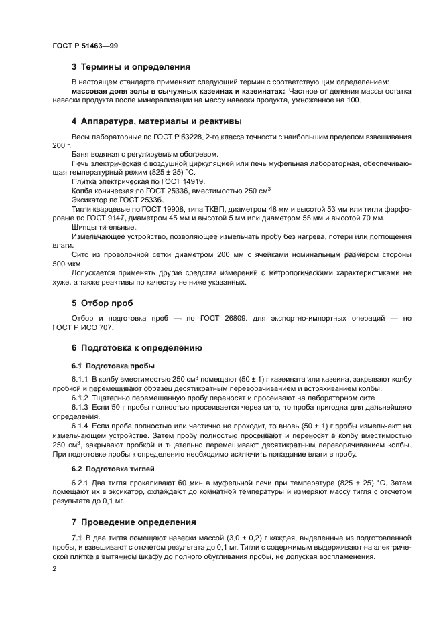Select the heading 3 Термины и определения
click(x=131, y=67)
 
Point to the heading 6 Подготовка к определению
click(x=137, y=348)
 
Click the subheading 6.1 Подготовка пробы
click(x=113, y=366)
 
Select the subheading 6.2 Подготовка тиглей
click(x=113, y=469)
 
